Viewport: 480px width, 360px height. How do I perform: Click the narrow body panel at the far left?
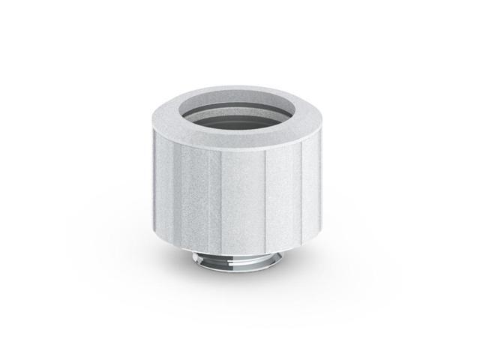point(167,176)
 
